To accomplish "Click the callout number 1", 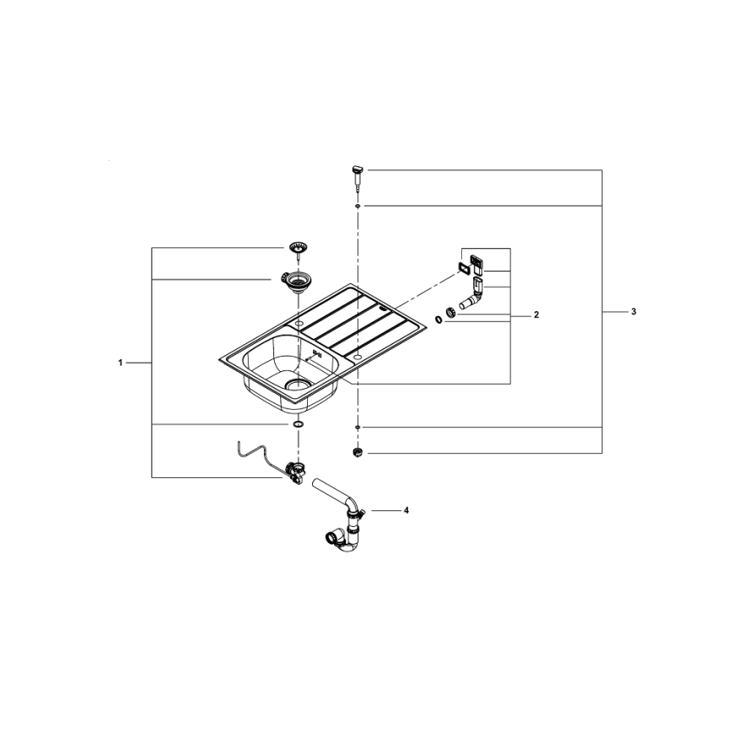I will click(x=121, y=362).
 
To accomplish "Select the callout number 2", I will click(x=536, y=315).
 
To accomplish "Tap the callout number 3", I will click(x=633, y=312).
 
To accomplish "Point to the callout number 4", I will click(x=406, y=510).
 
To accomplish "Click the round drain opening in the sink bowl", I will click(x=298, y=384).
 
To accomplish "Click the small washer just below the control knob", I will click(x=358, y=205).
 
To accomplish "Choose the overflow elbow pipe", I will click(x=472, y=295).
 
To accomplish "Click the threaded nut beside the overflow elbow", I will click(x=452, y=314).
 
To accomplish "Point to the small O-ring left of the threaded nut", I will click(x=439, y=319).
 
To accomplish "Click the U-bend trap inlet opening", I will click(x=329, y=536).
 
